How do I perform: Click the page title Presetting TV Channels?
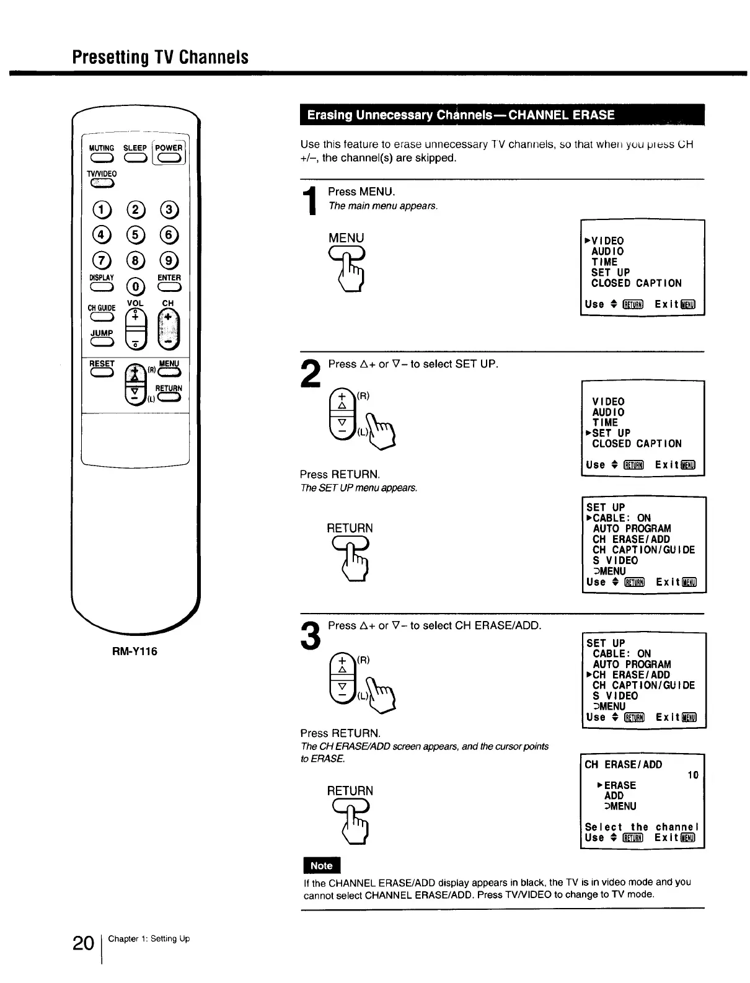pos(160,57)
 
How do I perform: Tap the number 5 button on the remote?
pos(135,234)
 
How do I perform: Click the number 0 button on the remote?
pos(135,286)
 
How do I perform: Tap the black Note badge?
pos(321,866)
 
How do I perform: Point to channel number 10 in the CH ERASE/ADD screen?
pos(693,775)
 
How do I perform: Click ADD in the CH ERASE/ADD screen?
pos(614,796)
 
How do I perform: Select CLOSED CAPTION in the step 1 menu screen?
pos(636,283)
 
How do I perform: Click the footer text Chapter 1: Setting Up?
pos(149,939)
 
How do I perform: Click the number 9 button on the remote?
pos(169,260)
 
